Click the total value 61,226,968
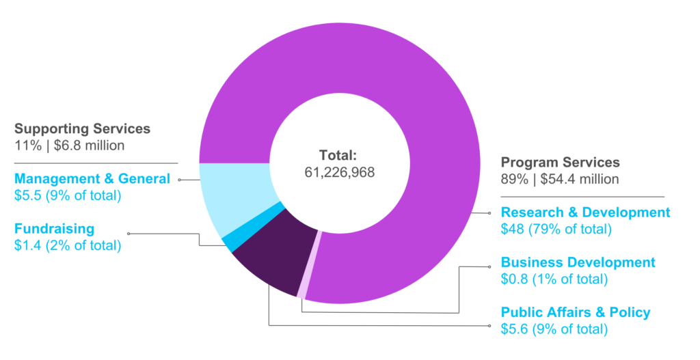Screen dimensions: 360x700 click(340, 172)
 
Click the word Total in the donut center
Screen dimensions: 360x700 click(339, 154)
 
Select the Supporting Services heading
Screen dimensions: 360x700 click(82, 128)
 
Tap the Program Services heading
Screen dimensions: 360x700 click(560, 163)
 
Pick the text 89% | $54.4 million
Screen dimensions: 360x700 click(560, 179)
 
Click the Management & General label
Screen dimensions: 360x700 click(92, 179)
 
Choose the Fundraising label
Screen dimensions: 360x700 click(54, 229)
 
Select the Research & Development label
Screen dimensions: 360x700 click(585, 212)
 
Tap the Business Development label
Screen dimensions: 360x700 click(578, 262)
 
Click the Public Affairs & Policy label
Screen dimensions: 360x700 click(576, 312)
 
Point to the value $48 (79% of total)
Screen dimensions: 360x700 click(556, 229)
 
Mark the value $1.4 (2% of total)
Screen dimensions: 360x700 click(67, 245)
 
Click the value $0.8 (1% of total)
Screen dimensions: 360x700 click(554, 279)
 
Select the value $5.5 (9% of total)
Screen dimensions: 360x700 click(67, 195)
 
